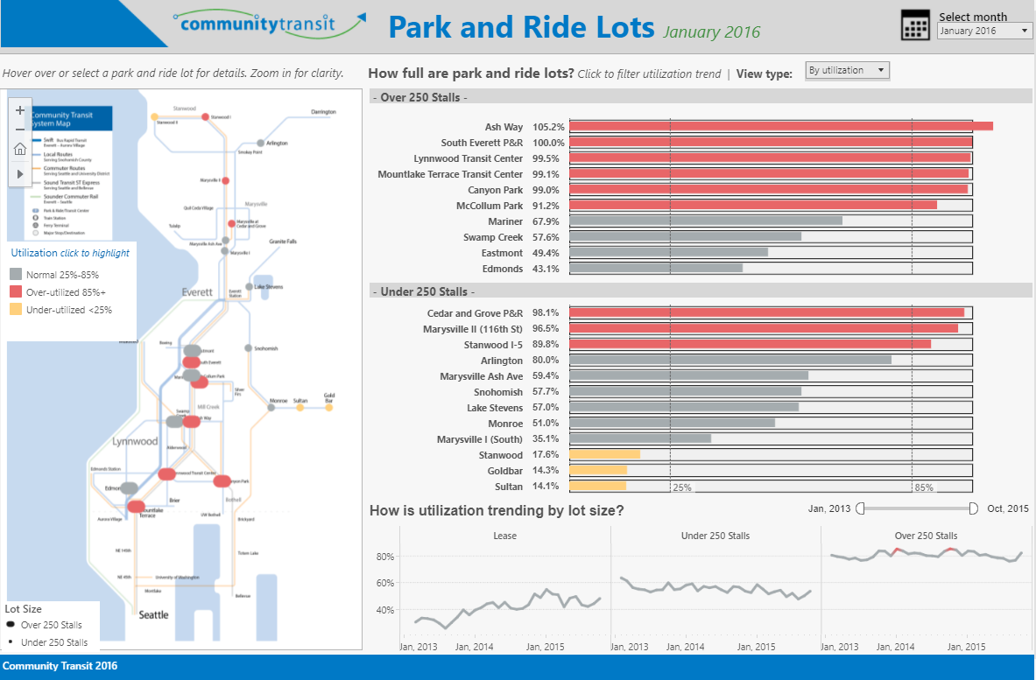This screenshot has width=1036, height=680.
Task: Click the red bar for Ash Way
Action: [x=780, y=127]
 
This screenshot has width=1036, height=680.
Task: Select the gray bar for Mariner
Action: [x=706, y=221]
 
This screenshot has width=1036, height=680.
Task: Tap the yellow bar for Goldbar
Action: [x=597, y=471]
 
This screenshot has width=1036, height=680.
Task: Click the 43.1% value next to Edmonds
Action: [x=548, y=269]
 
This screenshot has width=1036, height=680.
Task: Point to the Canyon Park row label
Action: [x=495, y=190]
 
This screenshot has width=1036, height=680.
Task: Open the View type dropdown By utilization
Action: [x=847, y=71]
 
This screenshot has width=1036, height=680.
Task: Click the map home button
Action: [x=20, y=150]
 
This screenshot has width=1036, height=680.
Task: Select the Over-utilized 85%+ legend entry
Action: [x=66, y=291]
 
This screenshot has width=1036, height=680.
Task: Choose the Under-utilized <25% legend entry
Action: [x=68, y=309]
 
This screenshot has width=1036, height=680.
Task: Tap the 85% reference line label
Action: [x=924, y=487]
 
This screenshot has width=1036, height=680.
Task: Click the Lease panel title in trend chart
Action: [x=504, y=536]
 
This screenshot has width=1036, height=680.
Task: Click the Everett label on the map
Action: [x=197, y=292]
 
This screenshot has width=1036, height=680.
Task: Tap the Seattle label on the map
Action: [x=154, y=614]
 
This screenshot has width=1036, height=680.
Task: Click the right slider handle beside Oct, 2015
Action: [x=974, y=508]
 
